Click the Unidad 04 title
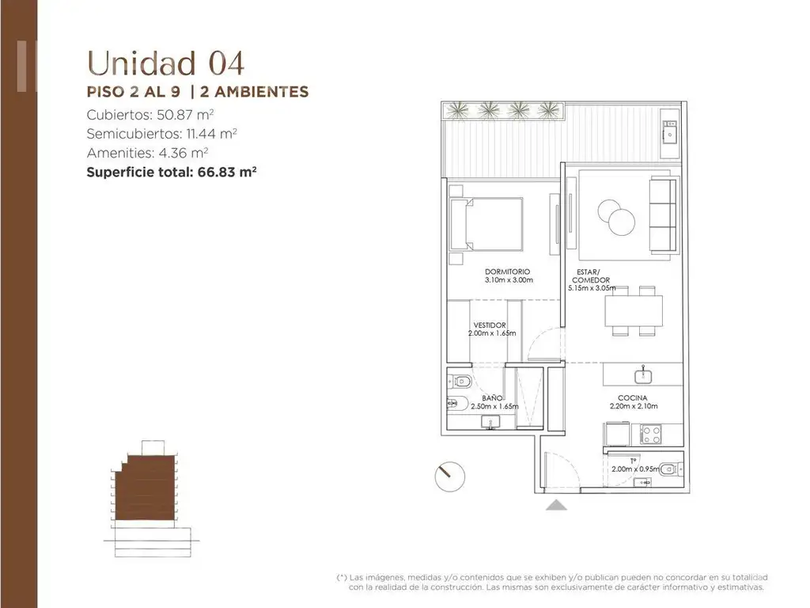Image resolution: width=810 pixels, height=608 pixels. pos(165,63)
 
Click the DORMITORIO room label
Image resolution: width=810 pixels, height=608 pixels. pos(507,272)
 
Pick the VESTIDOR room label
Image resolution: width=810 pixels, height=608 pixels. pos(490,325)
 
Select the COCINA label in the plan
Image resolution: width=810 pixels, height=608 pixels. pos(632,398)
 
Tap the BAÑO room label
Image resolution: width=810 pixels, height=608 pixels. pos(492,398)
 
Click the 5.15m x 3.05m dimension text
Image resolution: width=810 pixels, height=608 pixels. pos(592,288)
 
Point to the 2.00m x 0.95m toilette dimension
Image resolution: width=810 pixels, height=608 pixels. pos(635,469)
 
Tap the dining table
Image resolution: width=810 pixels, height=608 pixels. pos(634,310)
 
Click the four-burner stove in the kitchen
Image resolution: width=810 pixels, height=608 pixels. pos(650,434)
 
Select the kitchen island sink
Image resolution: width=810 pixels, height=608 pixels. pos(643,374)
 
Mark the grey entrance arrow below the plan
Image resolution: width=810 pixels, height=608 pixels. pos(556,505)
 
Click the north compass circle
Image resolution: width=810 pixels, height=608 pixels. pos(450,476)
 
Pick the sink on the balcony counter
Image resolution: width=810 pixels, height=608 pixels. pos(670,135)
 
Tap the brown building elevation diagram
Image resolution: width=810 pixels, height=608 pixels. pos(146,488)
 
